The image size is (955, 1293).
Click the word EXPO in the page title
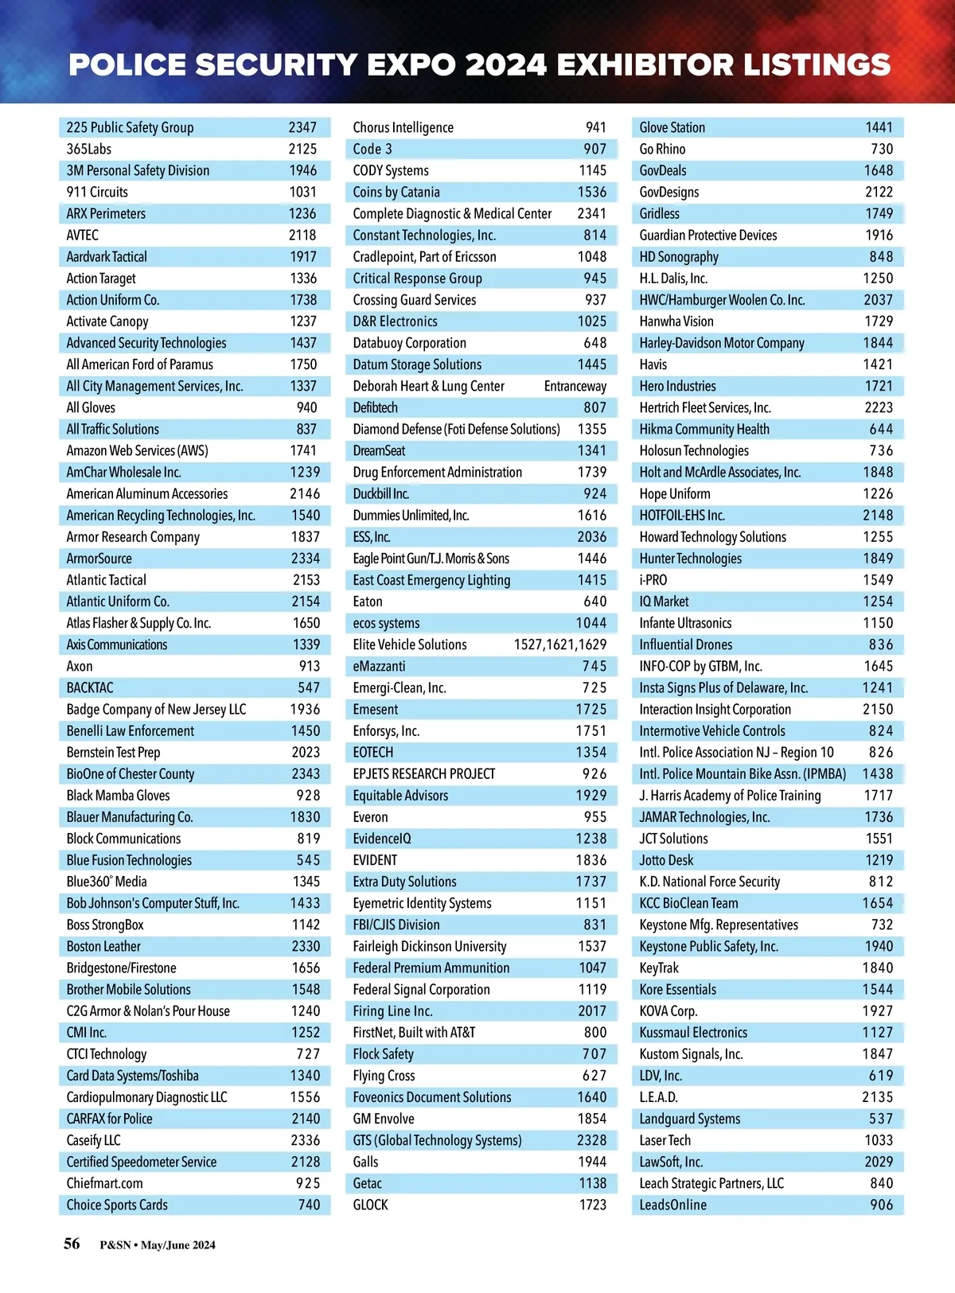[x=407, y=65]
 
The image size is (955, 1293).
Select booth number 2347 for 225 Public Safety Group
[x=302, y=127]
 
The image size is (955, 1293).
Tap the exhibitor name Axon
[x=80, y=666]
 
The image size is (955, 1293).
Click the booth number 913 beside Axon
[x=310, y=666]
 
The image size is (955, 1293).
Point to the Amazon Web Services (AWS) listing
[x=137, y=450]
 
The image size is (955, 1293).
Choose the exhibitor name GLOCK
[x=371, y=1205]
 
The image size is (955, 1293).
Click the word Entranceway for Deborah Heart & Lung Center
[x=575, y=386]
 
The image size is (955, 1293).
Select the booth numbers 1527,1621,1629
[x=559, y=645]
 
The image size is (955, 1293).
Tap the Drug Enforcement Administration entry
[x=438, y=472]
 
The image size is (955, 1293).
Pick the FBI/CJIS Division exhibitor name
[x=396, y=925]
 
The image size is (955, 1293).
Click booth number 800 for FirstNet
[x=594, y=1032]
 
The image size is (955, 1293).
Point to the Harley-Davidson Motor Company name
[x=722, y=343]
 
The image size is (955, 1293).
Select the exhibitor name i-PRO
[x=653, y=580]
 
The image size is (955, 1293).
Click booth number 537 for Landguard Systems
[x=880, y=1119]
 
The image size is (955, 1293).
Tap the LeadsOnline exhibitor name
[x=673, y=1205]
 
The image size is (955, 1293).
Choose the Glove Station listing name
[x=672, y=127]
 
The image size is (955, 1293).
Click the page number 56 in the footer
[x=72, y=1244]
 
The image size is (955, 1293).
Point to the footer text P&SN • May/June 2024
[x=158, y=1245]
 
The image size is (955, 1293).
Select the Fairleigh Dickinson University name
[x=430, y=946]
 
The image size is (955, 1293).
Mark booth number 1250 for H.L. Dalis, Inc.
[x=878, y=278]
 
